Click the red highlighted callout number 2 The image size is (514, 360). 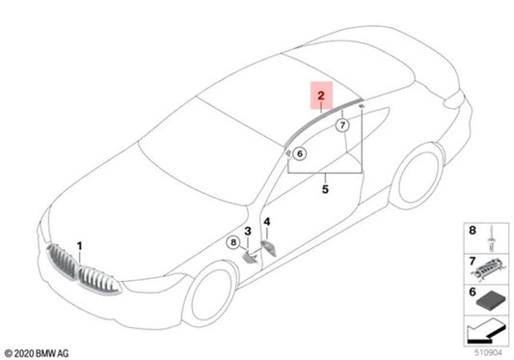tap(321, 96)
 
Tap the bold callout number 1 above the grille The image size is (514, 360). tap(80, 246)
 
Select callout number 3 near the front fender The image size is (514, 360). tap(248, 231)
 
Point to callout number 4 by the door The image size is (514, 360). tap(267, 222)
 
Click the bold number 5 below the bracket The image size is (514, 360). tap(325, 189)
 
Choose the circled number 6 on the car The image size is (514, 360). tap(300, 153)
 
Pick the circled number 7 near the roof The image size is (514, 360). tap(342, 125)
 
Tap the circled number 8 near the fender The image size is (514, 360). tap(233, 242)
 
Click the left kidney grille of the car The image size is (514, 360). tap(62, 263)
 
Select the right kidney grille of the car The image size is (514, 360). tap(98, 281)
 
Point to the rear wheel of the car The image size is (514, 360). tap(417, 177)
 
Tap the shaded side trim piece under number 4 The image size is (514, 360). tap(269, 248)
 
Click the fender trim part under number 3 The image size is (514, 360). tap(251, 257)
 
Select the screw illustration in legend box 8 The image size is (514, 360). tap(492, 238)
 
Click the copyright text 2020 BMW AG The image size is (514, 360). tap(37, 353)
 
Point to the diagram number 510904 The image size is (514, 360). tap(488, 352)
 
